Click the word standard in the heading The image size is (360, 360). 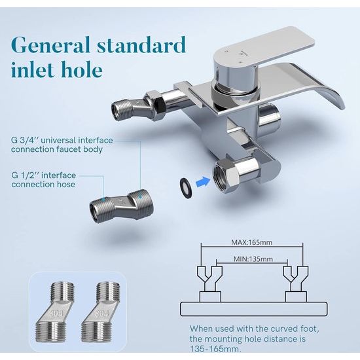point(141,45)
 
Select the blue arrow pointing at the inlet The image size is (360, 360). point(203,182)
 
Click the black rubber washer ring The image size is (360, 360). point(187,189)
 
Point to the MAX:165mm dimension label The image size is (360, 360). point(251,242)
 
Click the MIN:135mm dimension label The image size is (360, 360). point(253,259)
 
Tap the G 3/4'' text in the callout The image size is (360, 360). point(25,140)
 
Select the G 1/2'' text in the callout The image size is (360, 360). point(25,175)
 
